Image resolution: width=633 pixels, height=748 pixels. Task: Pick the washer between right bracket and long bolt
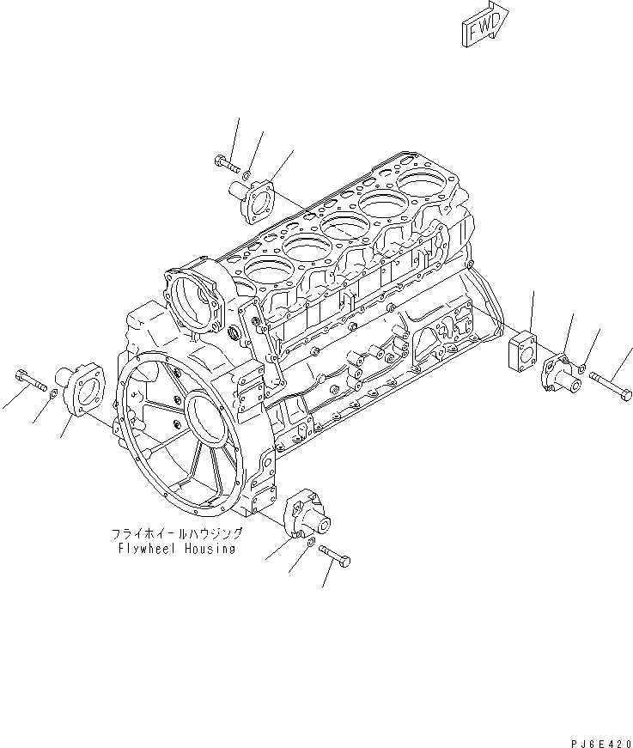[x=582, y=368]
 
